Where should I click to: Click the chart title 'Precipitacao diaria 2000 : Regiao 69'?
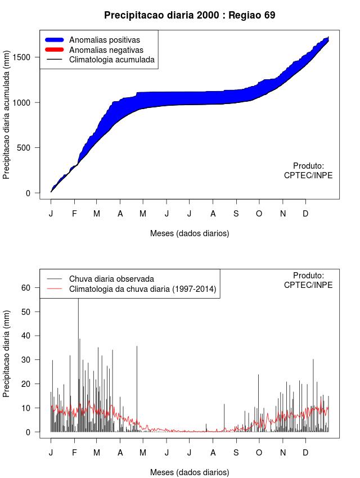(190, 15)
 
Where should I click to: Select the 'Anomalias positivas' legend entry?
(104, 40)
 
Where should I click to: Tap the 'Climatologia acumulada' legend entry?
(111, 60)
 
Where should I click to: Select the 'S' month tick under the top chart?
(236, 214)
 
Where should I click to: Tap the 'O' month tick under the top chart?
(259, 214)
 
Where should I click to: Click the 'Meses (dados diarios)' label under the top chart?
(190, 233)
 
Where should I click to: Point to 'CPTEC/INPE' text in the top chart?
(308, 175)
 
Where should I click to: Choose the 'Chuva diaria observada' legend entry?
(111, 278)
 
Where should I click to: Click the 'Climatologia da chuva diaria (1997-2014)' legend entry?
(142, 289)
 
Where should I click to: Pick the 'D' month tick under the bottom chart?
(305, 453)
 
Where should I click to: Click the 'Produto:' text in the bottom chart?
(308, 276)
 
